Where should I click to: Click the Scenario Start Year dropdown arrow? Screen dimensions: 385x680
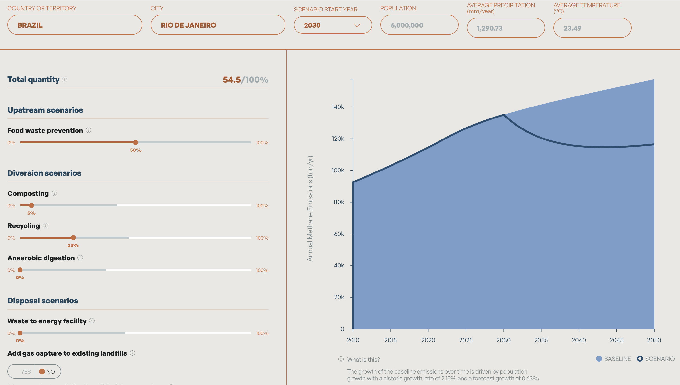point(357,25)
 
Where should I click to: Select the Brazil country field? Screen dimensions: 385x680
point(75,25)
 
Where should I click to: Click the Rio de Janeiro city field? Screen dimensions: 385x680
point(218,25)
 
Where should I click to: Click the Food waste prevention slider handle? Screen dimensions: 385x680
point(136,142)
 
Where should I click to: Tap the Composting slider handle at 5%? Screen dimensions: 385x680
point(32,205)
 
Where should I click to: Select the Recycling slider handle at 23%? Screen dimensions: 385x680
point(73,238)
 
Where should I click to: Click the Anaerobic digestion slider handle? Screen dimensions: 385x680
point(20,270)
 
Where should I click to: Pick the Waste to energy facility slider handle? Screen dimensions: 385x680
point(20,333)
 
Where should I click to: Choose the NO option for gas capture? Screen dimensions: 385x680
point(47,372)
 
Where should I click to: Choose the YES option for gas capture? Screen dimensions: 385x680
point(25,372)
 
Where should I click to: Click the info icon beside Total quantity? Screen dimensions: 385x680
point(65,80)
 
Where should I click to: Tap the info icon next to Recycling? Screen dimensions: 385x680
point(45,225)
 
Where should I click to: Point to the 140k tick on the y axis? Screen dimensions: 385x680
point(338,107)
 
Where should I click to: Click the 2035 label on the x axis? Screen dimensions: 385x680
point(541,340)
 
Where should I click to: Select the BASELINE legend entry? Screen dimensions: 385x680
point(613,359)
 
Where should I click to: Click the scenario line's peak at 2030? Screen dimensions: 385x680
point(503,115)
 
